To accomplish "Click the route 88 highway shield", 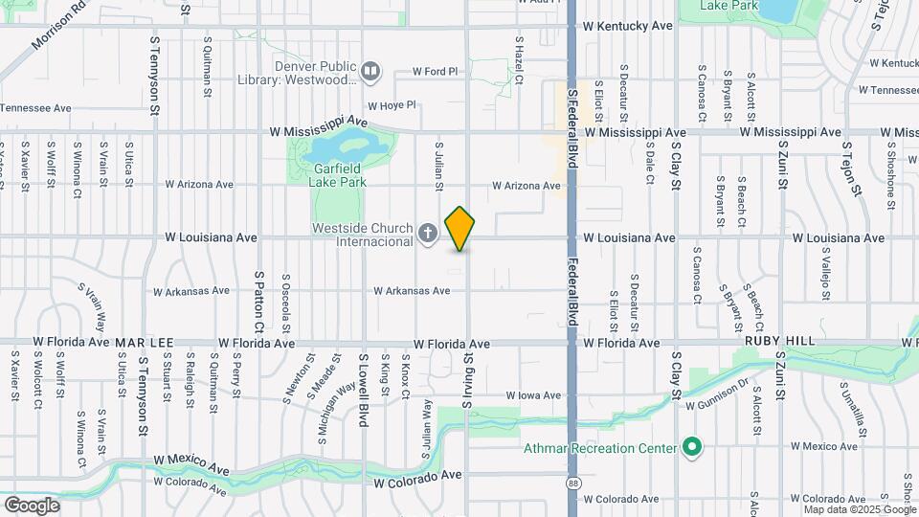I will click(572, 482).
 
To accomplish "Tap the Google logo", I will click(31, 505).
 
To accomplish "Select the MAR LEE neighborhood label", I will click(144, 342).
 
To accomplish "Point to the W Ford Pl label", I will click(436, 71).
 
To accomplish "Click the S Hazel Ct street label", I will click(518, 60).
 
